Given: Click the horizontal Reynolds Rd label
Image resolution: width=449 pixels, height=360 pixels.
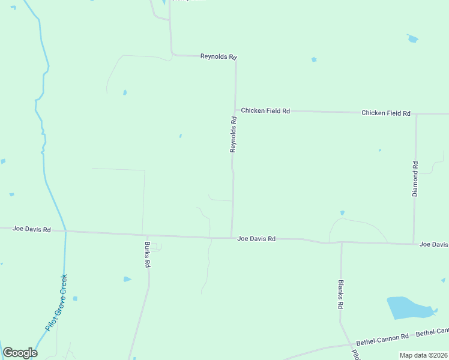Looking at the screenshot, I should point(218,56).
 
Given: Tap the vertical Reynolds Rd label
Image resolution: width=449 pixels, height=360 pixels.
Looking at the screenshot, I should point(234,134).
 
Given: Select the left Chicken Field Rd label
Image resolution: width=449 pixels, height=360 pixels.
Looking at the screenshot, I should point(265,111).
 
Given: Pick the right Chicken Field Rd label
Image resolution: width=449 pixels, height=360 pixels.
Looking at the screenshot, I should point(385,113).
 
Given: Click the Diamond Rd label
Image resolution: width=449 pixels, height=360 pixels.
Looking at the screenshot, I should point(415,179).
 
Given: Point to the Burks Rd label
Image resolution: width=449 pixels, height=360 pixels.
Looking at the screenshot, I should point(147,254).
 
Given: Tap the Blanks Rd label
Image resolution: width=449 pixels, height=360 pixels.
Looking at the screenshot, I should point(340,294).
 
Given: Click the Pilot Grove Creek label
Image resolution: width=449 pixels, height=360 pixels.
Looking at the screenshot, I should point(56,303).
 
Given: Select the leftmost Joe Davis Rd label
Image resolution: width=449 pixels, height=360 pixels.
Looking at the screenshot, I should point(31,229).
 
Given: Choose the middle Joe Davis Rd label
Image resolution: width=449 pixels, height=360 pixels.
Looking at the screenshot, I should point(256,239).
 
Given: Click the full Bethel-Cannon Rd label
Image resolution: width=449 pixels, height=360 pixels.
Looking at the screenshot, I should point(382,339).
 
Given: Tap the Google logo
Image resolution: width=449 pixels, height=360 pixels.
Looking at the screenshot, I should point(20,353).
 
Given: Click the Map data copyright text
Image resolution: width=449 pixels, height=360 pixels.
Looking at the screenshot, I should point(423,355).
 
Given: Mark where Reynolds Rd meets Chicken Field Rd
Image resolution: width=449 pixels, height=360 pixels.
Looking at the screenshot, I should point(235,110).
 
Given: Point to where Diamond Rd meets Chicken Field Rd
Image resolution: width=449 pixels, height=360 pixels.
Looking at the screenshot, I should point(416,113).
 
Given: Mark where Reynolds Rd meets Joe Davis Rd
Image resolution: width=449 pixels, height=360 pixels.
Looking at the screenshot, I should point(232,238).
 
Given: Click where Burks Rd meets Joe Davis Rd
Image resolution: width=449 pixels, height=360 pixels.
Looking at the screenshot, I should point(142,234).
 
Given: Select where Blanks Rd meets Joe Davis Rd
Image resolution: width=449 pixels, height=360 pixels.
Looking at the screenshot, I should point(341,242).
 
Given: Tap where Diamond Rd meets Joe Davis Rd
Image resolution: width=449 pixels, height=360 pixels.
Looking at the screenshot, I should point(414,244).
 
